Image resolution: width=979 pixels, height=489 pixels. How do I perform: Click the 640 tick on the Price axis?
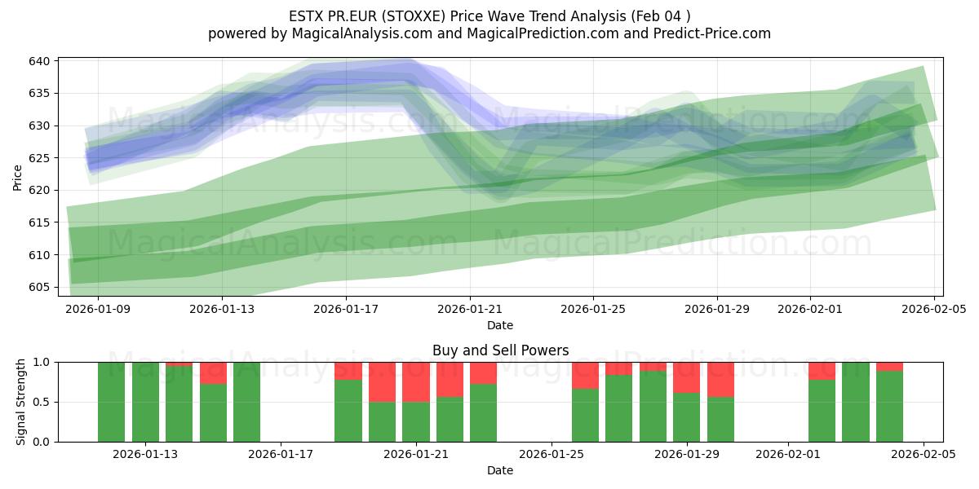click(41, 61)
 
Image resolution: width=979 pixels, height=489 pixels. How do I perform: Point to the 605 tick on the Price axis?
click(41, 287)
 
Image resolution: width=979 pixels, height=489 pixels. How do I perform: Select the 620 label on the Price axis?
click(41, 190)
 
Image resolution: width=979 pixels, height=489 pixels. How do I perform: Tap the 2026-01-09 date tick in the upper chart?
click(99, 309)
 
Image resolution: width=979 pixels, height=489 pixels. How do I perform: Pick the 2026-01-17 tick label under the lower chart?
click(281, 455)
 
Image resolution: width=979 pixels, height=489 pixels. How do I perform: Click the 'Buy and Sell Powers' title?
click(500, 351)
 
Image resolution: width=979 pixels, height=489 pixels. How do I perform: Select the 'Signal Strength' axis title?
click(20, 402)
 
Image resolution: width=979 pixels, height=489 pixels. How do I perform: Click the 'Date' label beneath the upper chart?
click(500, 325)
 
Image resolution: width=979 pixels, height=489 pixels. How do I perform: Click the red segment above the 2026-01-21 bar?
click(416, 381)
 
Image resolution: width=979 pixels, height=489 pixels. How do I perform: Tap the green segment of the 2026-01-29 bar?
click(687, 417)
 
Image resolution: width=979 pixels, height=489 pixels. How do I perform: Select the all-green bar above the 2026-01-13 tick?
click(145, 402)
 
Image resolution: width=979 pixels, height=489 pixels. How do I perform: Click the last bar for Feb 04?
click(889, 406)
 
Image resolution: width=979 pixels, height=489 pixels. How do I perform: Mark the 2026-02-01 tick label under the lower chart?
click(788, 455)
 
